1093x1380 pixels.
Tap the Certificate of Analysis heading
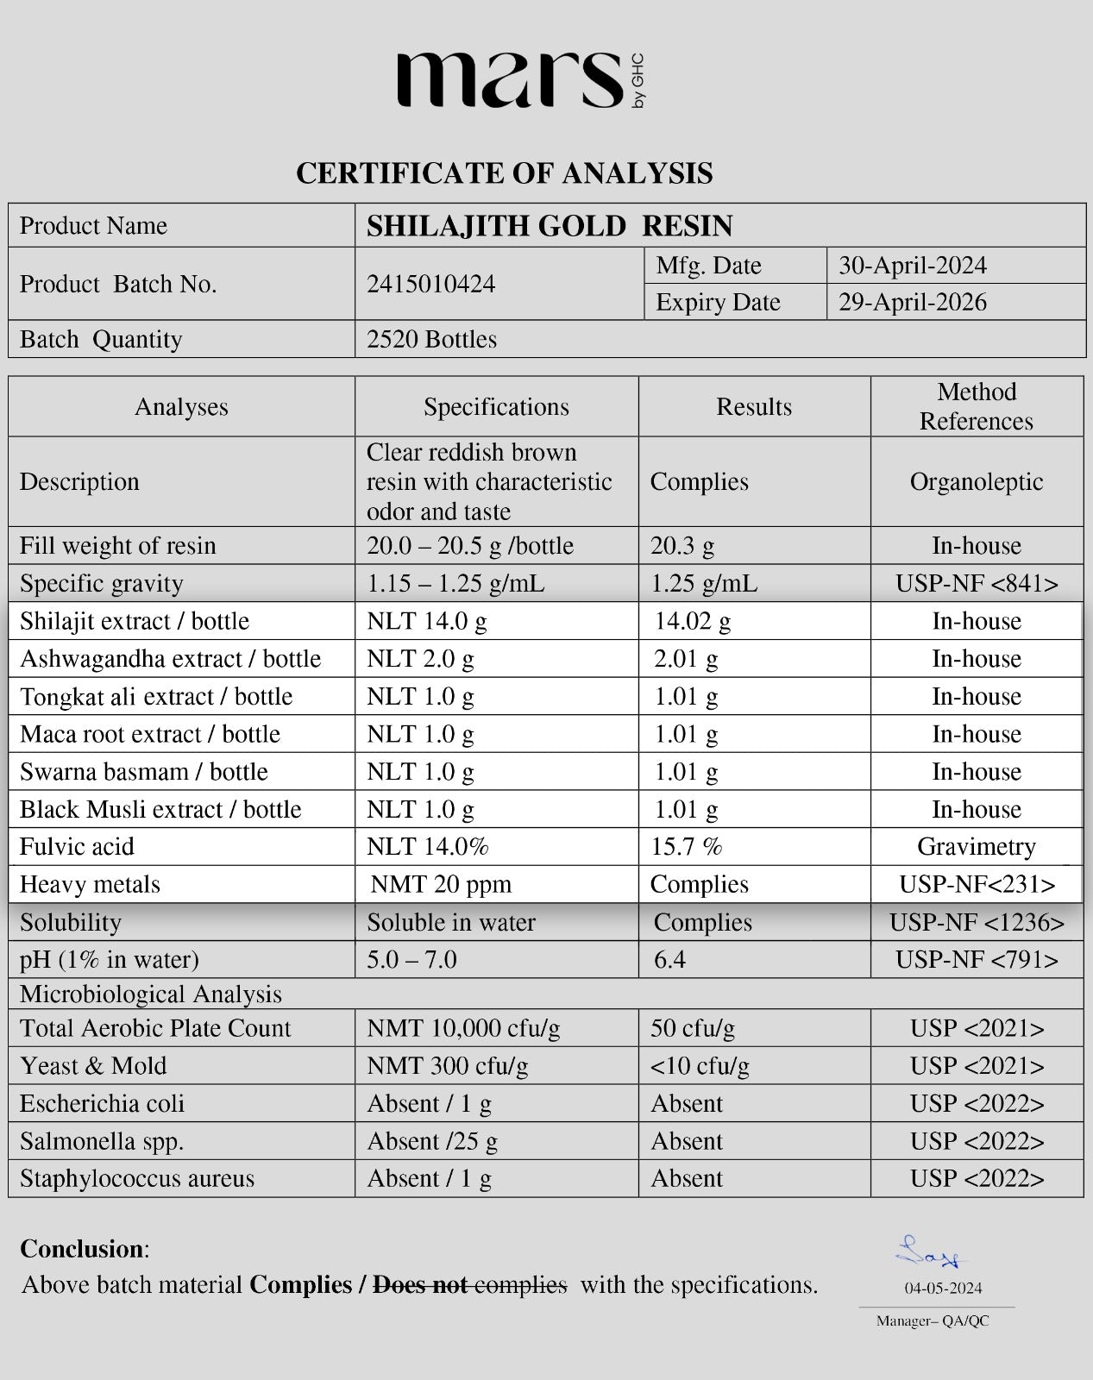(504, 173)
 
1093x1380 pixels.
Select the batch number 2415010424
(430, 285)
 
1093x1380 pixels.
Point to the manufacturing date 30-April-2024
(912, 266)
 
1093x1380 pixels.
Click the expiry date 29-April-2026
(912, 303)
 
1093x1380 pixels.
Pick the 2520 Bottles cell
(431, 339)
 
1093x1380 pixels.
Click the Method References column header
(976, 406)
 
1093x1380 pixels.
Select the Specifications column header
(496, 407)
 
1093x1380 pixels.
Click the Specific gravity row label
(102, 584)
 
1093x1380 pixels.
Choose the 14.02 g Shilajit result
(692, 622)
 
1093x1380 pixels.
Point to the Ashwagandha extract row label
(170, 659)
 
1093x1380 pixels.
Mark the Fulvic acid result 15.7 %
(686, 847)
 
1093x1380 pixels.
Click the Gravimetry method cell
(976, 847)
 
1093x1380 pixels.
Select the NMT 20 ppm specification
(441, 885)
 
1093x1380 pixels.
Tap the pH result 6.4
(669, 960)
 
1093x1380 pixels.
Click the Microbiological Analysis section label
(151, 994)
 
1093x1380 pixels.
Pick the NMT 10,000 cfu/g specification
(463, 1028)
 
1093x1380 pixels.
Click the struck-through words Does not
(420, 1285)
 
